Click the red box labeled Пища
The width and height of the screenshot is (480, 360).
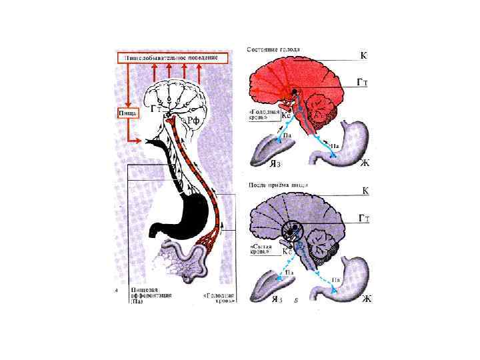coord(128,113)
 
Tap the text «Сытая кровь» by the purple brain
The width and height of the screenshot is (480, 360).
coord(259,248)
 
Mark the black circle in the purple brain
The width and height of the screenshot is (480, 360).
coord(294,231)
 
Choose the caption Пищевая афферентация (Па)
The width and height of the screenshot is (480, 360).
coord(147,296)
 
